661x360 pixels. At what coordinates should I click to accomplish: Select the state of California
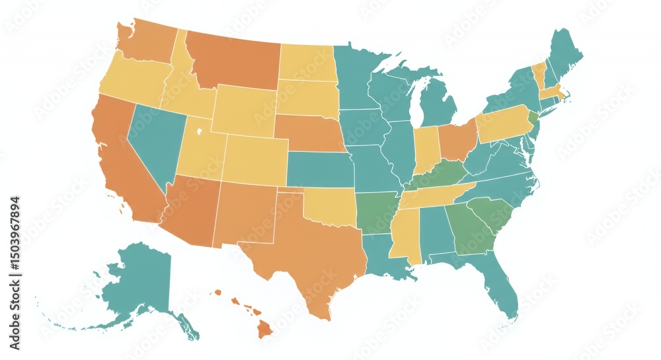click(x=126, y=165)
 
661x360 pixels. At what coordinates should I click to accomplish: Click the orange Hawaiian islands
click(x=264, y=326)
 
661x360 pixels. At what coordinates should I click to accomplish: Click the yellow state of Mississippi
click(x=405, y=238)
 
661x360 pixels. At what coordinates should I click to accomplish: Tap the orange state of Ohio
click(x=457, y=139)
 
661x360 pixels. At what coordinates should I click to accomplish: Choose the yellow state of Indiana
click(x=426, y=149)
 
